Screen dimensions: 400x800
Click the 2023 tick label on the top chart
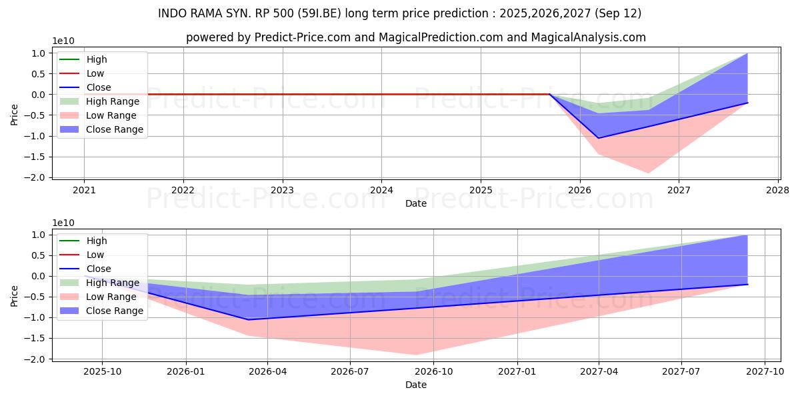coord(282,189)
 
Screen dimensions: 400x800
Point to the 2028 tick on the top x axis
coord(778,189)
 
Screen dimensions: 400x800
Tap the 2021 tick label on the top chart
coord(84,189)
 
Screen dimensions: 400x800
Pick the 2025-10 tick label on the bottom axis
coord(102,371)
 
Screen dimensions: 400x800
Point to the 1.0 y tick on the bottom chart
coord(37,235)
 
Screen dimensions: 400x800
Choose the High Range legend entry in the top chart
coord(113,101)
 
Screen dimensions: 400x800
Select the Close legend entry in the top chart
coord(99,87)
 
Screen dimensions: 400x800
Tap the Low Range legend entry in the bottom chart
coord(111,297)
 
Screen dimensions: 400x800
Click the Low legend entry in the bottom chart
coord(95,255)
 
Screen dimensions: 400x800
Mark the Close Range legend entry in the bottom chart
coord(115,311)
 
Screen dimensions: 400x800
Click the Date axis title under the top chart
coord(416,203)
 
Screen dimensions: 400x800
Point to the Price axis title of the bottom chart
coord(15,296)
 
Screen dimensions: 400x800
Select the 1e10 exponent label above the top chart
coord(64,41)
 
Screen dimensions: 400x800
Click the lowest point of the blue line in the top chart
coord(599,138)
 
